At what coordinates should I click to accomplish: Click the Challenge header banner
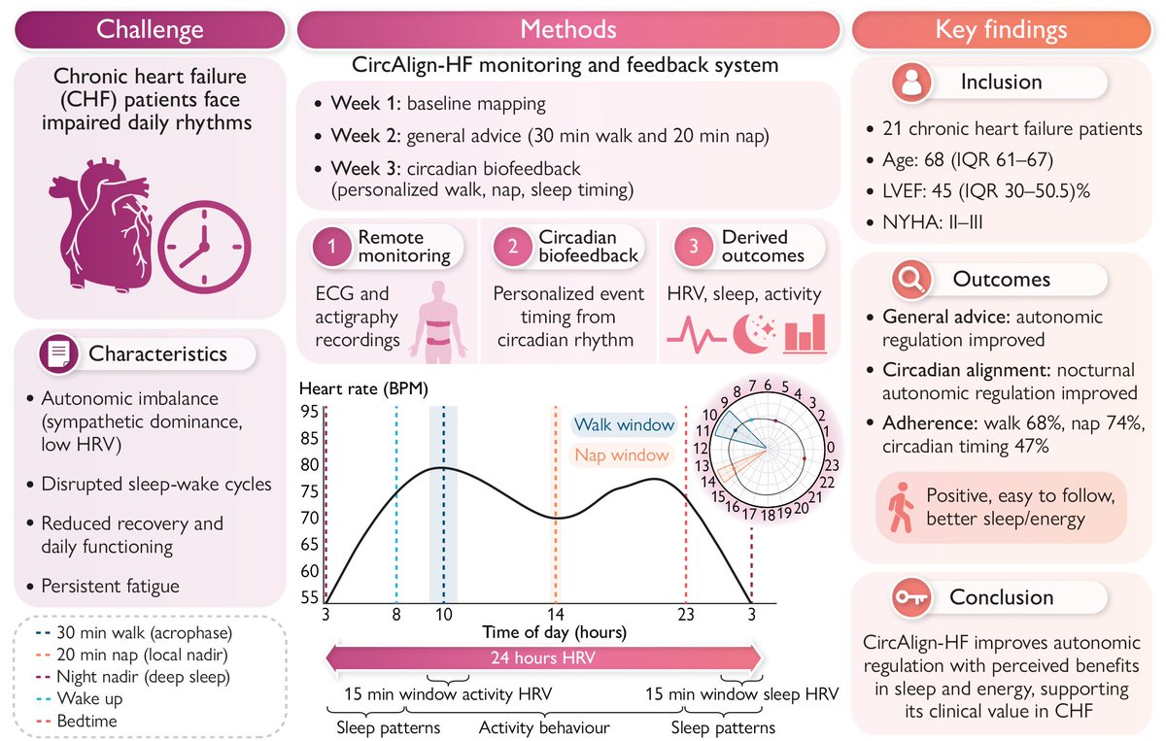click(x=151, y=28)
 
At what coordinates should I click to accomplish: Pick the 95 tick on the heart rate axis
click(x=309, y=410)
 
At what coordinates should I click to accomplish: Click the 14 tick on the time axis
click(x=555, y=614)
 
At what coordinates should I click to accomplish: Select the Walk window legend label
click(x=624, y=424)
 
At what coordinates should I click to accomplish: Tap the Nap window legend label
click(x=622, y=455)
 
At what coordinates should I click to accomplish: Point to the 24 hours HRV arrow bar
click(x=543, y=657)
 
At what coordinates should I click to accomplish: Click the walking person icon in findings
click(x=901, y=507)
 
